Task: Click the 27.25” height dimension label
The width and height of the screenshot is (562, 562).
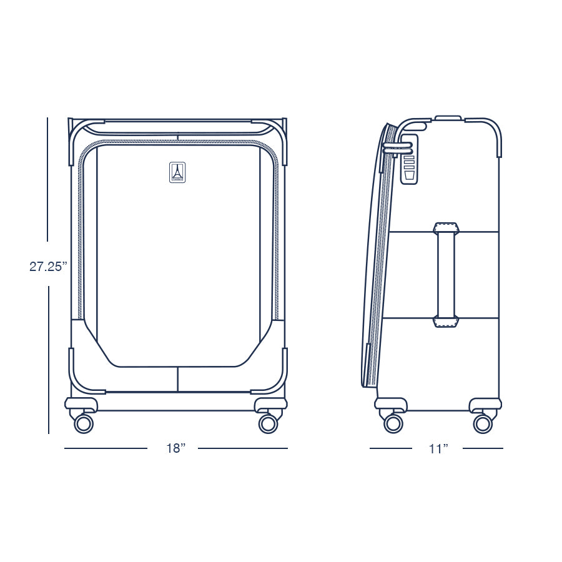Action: pyautogui.click(x=48, y=266)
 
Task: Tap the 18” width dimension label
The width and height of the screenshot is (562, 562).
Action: pyautogui.click(x=176, y=448)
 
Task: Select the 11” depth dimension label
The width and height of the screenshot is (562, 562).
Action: pyautogui.click(x=438, y=448)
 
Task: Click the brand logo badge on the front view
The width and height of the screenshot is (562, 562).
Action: pyautogui.click(x=177, y=173)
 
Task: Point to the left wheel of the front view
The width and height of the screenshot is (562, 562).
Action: pyautogui.click(x=83, y=424)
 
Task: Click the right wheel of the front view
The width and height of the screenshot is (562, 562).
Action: pyautogui.click(x=268, y=424)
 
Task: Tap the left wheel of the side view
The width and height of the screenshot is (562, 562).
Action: pyautogui.click(x=393, y=423)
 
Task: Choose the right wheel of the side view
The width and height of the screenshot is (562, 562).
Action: pyautogui.click(x=482, y=423)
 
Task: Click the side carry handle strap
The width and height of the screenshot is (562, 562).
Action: pyautogui.click(x=446, y=275)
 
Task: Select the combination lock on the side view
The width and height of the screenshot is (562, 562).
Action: pyautogui.click(x=408, y=159)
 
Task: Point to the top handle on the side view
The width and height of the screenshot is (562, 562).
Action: pyautogui.click(x=448, y=117)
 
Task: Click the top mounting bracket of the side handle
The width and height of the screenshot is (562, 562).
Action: pyautogui.click(x=446, y=228)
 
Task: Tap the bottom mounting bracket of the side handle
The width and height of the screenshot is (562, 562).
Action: pyautogui.click(x=446, y=322)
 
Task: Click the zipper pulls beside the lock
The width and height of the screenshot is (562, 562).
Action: pyautogui.click(x=397, y=147)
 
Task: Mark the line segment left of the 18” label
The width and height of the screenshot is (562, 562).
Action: pyautogui.click(x=106, y=448)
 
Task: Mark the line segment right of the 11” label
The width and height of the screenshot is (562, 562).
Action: pyautogui.click(x=482, y=448)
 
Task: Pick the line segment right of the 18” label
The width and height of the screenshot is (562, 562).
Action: pyautogui.click(x=243, y=448)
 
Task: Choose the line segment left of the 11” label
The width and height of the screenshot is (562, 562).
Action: pyautogui.click(x=390, y=448)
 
